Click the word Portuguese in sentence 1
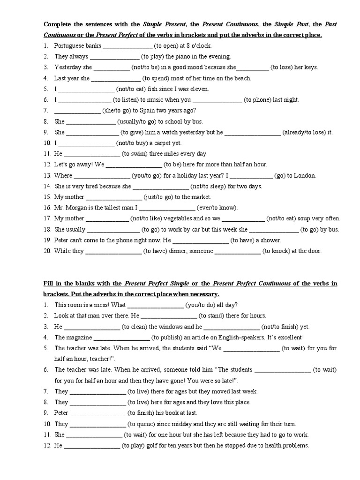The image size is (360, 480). [x=70, y=46]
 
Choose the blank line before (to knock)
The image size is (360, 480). [x=237, y=251]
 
